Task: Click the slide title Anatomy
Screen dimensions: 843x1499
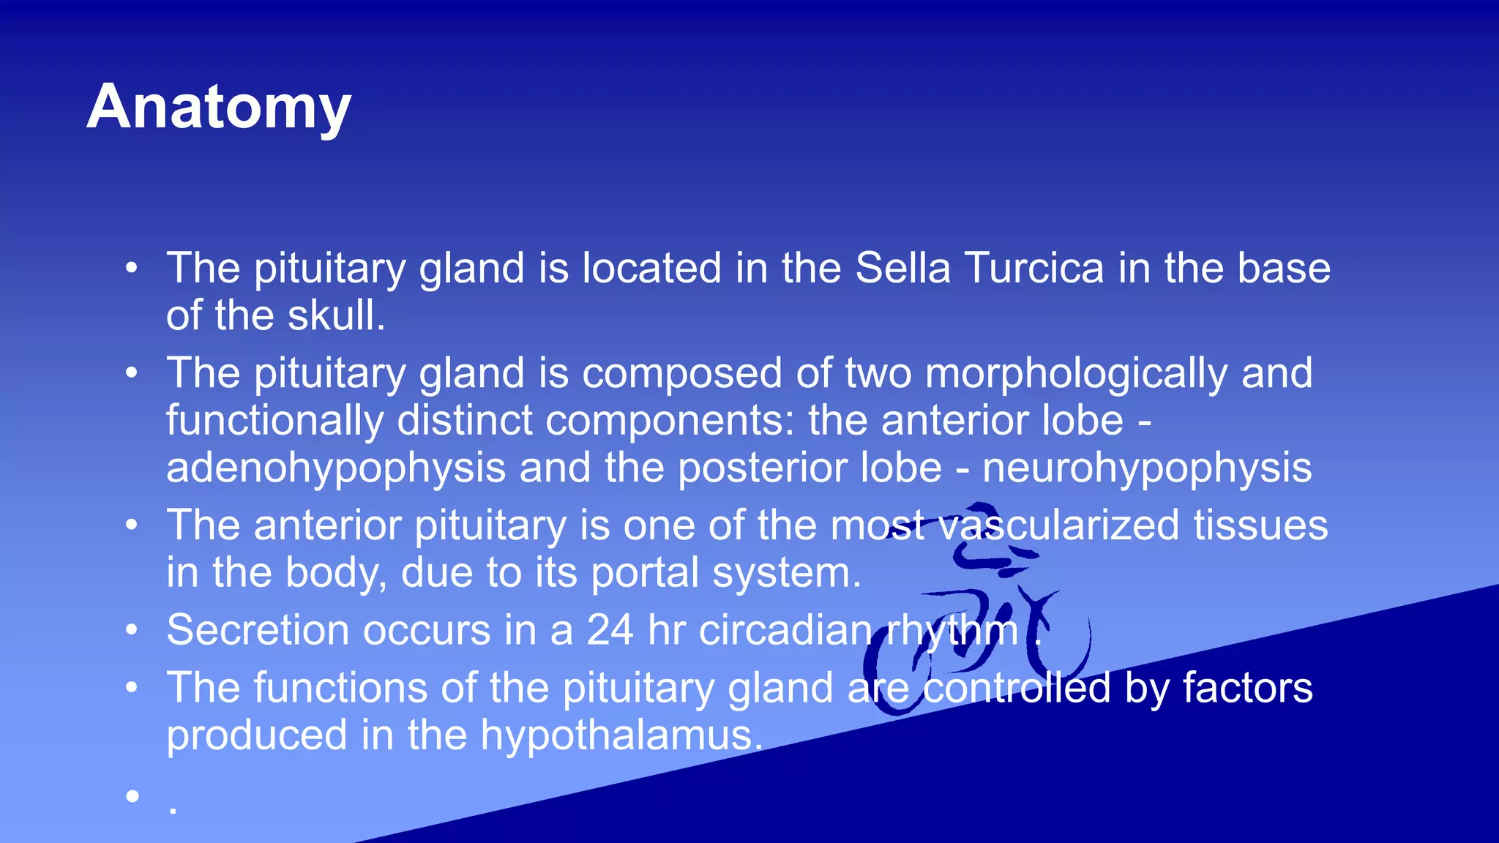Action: (219, 107)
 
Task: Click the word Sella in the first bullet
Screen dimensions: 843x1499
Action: (902, 268)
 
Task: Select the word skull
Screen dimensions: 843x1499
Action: (336, 315)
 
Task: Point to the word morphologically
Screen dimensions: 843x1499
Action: (1076, 374)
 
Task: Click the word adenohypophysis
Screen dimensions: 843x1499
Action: (335, 468)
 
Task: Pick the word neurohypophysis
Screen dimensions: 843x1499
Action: (1147, 468)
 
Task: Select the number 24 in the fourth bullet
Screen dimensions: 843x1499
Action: (610, 630)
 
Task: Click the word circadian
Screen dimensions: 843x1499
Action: (785, 630)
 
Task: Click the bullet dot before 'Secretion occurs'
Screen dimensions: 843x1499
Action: (132, 629)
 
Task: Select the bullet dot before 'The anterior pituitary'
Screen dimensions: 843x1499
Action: (132, 525)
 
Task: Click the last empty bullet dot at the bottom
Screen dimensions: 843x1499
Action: (132, 795)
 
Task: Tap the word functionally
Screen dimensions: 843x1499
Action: (274, 421)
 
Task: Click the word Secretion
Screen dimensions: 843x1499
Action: (258, 630)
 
